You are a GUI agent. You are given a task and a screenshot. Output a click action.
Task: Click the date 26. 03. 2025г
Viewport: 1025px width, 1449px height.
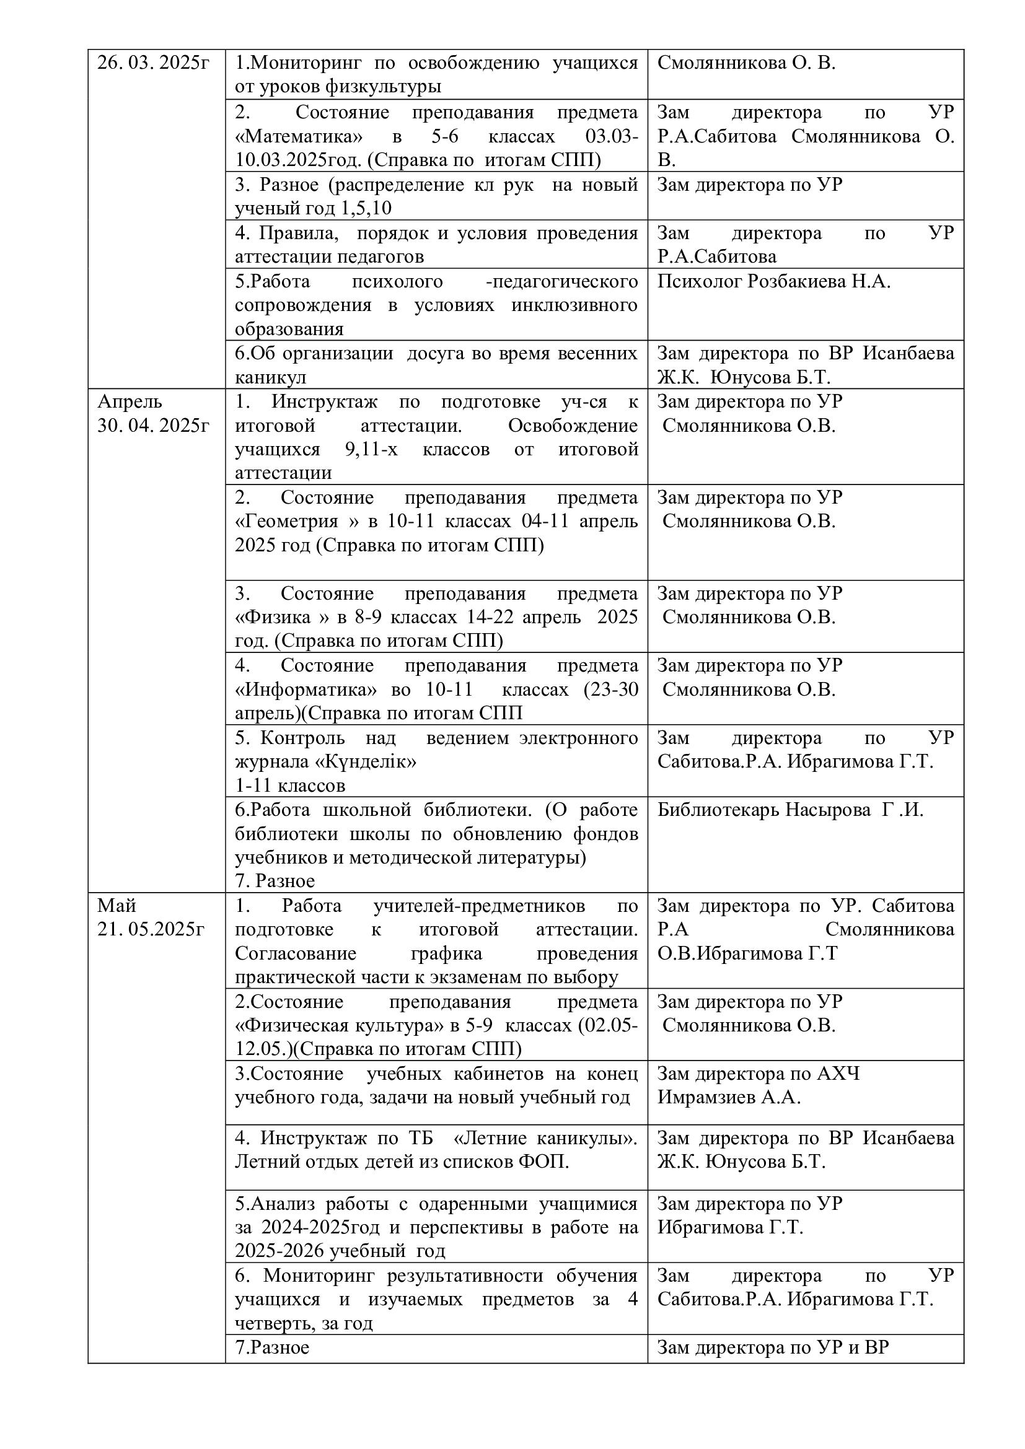point(152,63)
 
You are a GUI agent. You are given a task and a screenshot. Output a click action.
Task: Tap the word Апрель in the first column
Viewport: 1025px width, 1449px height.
point(130,401)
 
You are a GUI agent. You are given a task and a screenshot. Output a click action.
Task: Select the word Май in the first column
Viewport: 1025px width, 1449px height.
point(117,906)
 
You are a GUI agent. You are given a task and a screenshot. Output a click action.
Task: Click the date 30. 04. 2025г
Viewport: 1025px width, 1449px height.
point(152,426)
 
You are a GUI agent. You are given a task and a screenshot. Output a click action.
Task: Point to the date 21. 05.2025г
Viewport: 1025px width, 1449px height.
point(151,930)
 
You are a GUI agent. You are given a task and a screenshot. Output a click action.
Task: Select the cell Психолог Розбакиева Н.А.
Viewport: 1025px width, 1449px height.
point(774,281)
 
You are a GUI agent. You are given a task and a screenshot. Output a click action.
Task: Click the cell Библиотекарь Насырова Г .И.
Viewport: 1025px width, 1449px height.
point(790,810)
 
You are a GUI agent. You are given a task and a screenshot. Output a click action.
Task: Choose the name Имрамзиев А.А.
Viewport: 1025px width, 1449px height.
point(729,1098)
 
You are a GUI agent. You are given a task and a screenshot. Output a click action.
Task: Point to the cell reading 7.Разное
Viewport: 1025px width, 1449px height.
point(272,1348)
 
